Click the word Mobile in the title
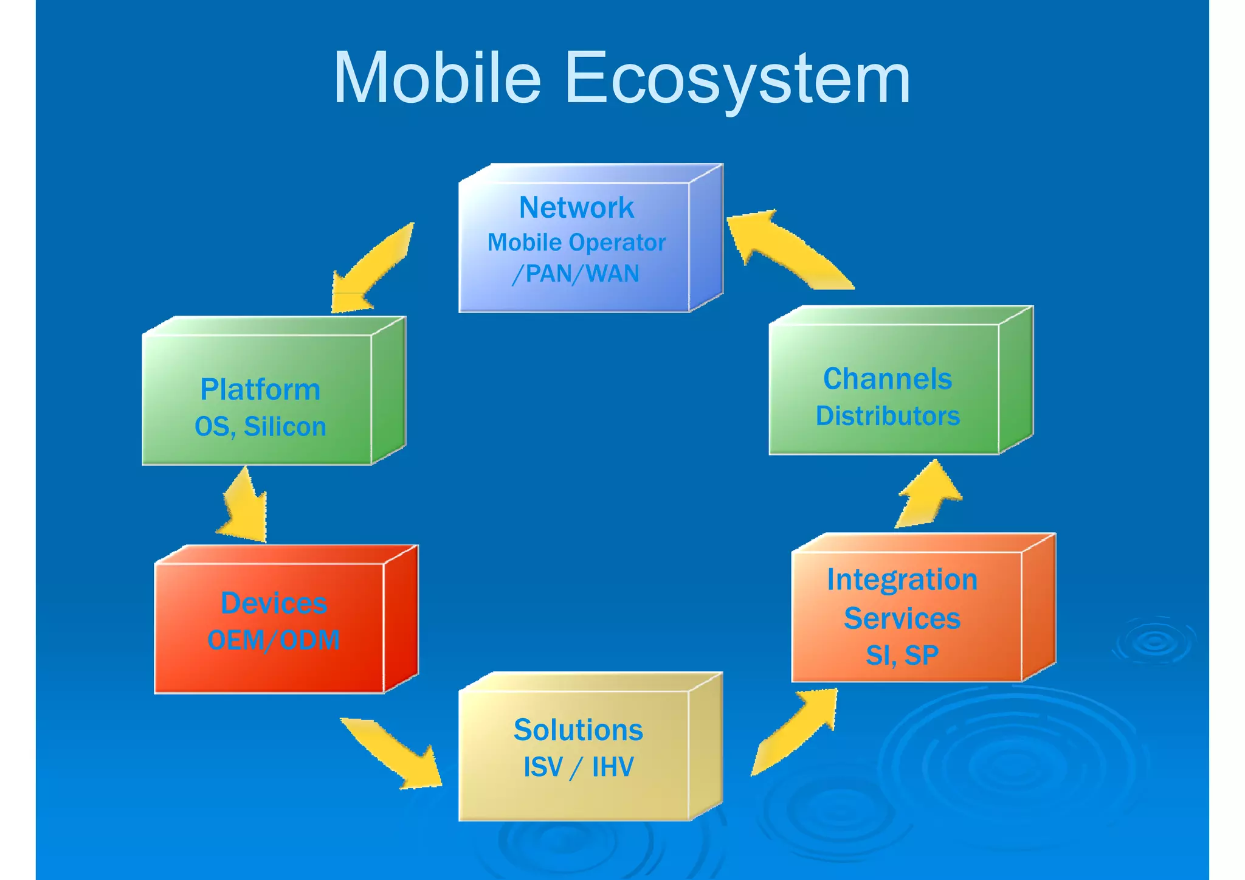click(436, 79)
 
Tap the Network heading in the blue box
click(576, 208)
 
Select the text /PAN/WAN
click(576, 274)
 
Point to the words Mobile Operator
click(576, 243)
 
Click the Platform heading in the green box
click(260, 390)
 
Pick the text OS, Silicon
click(260, 427)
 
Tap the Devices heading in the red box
click(274, 603)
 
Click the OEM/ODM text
click(274, 640)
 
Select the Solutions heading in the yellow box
click(578, 730)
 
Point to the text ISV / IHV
click(578, 767)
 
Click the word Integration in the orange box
click(902, 580)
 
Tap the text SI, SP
click(902, 655)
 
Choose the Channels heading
click(888, 379)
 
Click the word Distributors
click(888, 417)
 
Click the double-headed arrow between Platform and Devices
click(245, 505)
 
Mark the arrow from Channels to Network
click(784, 249)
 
